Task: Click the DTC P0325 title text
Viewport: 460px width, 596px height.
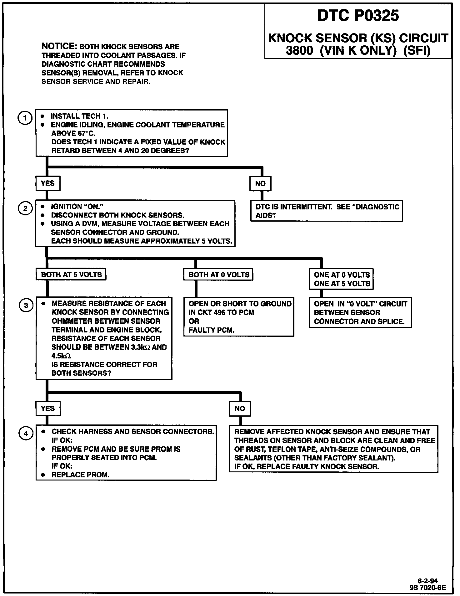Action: point(358,16)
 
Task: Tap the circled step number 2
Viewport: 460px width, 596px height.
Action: point(25,209)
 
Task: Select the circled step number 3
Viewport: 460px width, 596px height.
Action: point(26,306)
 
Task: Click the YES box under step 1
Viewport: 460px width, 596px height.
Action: point(47,183)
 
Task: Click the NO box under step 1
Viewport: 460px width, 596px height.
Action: point(260,184)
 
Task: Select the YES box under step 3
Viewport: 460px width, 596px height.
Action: point(47,408)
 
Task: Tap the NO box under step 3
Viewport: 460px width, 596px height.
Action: point(240,409)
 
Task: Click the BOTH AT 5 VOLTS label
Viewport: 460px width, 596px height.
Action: point(71,275)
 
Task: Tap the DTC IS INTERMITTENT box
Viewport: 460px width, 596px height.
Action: point(327,211)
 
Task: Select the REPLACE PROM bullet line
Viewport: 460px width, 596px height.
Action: point(80,475)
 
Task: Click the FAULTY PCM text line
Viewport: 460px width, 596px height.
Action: point(212,330)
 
